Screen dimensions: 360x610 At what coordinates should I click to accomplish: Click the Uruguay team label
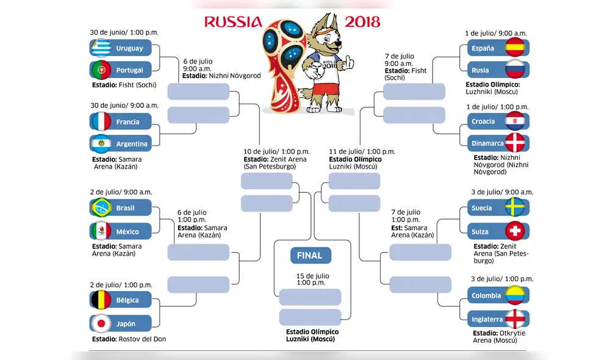click(x=129, y=48)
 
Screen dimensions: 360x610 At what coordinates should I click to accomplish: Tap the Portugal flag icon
click(x=101, y=70)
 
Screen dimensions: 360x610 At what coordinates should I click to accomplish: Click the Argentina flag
click(x=101, y=144)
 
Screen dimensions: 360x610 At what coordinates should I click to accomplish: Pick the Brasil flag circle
click(x=101, y=208)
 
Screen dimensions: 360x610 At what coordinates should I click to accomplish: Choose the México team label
click(x=127, y=232)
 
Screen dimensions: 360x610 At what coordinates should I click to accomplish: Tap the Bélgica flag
click(x=101, y=300)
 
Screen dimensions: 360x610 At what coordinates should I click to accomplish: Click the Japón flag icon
click(x=101, y=323)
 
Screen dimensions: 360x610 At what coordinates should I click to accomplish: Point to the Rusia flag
click(x=516, y=70)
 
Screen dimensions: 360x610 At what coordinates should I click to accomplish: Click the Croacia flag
click(x=516, y=121)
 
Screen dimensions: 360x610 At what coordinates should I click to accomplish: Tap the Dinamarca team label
click(x=487, y=143)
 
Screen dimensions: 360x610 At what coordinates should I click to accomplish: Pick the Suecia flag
click(x=516, y=208)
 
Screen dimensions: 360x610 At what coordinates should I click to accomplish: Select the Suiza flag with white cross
click(x=516, y=232)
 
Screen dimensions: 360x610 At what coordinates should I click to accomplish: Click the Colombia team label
click(x=486, y=295)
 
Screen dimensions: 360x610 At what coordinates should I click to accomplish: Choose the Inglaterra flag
click(x=516, y=319)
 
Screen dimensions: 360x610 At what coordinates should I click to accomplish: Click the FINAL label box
click(x=310, y=256)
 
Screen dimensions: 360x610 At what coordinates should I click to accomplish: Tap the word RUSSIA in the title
click(x=233, y=23)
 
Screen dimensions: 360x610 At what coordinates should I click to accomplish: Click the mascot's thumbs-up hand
click(x=348, y=61)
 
